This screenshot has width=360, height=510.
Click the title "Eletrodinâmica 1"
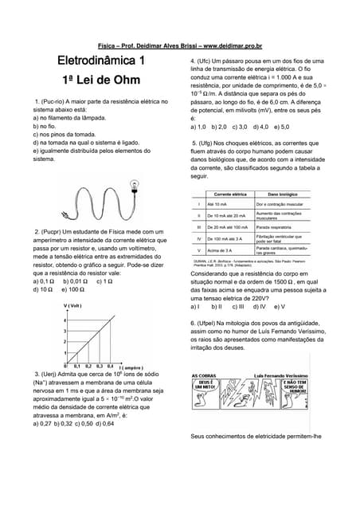[100, 61]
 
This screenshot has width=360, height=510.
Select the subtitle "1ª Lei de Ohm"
[100, 81]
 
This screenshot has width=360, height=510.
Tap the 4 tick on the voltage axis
[65, 320]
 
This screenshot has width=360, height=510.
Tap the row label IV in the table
[198, 238]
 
